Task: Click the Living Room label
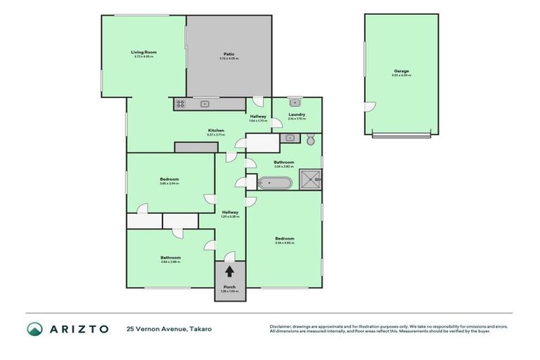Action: (x=143, y=52)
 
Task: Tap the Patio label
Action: (x=229, y=53)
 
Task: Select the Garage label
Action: (x=401, y=71)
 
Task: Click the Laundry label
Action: (x=296, y=115)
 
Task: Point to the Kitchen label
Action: (x=216, y=130)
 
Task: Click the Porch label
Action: (x=229, y=286)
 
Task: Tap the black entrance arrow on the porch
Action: (x=229, y=271)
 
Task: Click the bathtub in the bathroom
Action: (x=275, y=184)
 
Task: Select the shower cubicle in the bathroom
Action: (x=310, y=180)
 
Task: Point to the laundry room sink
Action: (x=295, y=102)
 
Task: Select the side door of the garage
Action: (x=368, y=108)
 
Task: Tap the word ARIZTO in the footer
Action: (x=78, y=328)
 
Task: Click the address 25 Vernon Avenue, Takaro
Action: (x=169, y=328)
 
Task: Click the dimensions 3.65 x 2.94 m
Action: (x=169, y=184)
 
